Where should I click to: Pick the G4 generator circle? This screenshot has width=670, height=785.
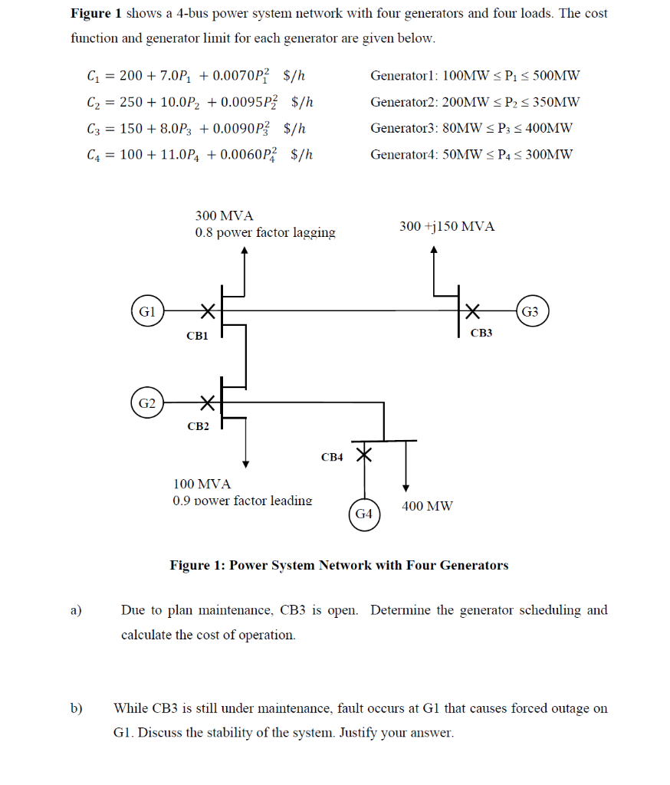click(x=364, y=514)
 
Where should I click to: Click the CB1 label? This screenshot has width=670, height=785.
click(x=197, y=336)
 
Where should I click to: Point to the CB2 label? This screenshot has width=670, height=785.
click(x=198, y=426)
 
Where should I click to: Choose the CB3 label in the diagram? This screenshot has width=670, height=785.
click(x=481, y=333)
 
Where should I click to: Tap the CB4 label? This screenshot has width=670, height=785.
click(x=332, y=457)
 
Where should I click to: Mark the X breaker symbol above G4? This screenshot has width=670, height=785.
click(x=365, y=454)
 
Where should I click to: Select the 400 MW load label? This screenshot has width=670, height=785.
click(x=427, y=506)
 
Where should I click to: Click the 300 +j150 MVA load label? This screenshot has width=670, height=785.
click(x=447, y=226)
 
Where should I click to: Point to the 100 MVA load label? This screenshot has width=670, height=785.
click(x=202, y=484)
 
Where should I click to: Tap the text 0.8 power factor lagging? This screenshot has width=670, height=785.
click(x=265, y=232)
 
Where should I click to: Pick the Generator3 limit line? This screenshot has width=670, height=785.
click(x=471, y=128)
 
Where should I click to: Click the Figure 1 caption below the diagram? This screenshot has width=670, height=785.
click(x=339, y=565)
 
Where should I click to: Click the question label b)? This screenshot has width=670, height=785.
click(x=76, y=708)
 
